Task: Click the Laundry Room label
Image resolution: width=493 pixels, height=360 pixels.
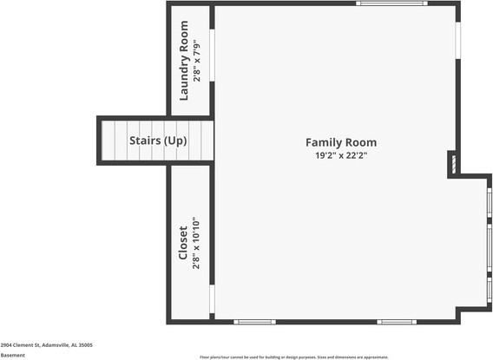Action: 184,61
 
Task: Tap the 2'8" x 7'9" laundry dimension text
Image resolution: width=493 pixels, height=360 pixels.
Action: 198,61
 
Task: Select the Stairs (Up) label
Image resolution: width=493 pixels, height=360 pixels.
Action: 158,140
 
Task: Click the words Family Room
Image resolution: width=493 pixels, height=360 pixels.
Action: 341,142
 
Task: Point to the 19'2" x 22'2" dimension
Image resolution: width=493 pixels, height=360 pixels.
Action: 341,156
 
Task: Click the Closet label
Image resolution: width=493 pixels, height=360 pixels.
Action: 183,242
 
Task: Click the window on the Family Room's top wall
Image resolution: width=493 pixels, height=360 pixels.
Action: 391,3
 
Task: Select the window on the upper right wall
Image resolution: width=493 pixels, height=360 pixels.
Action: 457,43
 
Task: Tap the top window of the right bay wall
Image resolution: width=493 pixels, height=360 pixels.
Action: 490,202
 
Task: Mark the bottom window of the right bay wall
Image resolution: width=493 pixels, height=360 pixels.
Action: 490,288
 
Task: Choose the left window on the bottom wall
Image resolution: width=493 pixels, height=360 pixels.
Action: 254,322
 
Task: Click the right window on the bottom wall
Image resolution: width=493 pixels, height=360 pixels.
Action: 398,322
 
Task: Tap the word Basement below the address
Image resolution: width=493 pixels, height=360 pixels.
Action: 13,355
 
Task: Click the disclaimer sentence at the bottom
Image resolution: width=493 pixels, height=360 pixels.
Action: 294,357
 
